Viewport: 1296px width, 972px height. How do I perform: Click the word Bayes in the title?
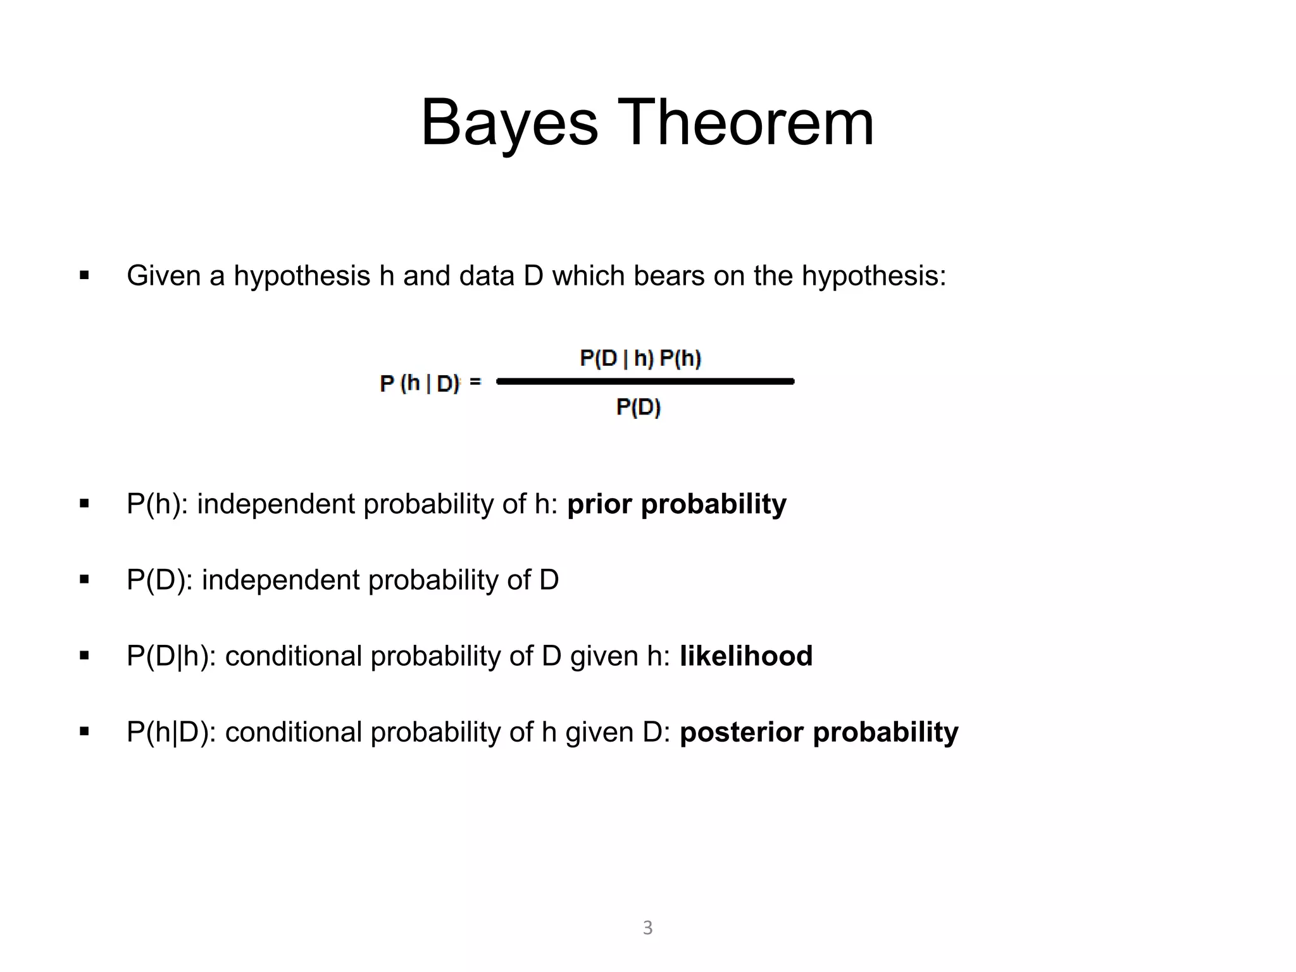pos(509,123)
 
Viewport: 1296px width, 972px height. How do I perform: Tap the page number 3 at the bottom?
pos(647,928)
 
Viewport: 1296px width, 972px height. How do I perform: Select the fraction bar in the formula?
pos(645,381)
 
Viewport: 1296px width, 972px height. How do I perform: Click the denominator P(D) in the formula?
pos(639,407)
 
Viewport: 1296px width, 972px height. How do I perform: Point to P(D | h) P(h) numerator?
pos(640,359)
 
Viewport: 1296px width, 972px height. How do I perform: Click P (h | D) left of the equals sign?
pos(420,383)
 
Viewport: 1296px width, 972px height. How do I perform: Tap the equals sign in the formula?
pos(475,382)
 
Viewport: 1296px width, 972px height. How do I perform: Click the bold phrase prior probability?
pos(676,504)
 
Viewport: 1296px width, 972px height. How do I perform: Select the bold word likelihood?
pos(746,656)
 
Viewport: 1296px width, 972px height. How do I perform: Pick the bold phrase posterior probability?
pos(819,732)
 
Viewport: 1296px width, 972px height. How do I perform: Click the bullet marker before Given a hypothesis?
pos(84,276)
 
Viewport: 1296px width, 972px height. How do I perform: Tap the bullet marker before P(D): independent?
pos(84,580)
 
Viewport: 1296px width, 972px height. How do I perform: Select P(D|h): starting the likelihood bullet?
pos(171,656)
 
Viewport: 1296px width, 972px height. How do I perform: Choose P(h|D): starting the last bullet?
pos(171,732)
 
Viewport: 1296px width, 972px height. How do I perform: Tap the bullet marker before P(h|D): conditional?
pos(84,732)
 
